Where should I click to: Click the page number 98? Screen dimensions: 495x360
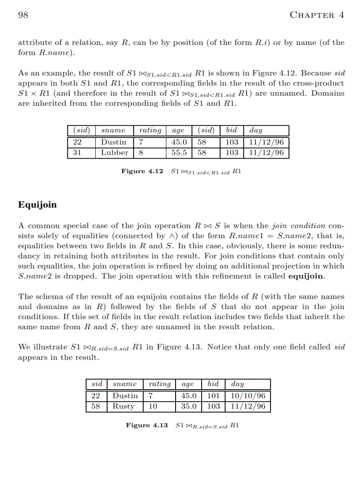click(x=23, y=15)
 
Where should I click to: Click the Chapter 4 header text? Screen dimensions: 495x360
click(x=316, y=15)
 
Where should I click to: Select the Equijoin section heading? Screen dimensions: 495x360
click(x=37, y=205)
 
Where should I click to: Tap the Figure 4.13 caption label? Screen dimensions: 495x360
click(x=146, y=425)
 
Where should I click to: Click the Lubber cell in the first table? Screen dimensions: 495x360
click(x=114, y=153)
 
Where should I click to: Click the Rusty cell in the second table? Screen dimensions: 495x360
click(x=123, y=406)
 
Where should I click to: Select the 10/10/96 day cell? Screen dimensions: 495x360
click(x=248, y=396)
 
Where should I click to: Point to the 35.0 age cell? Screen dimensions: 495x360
click(x=189, y=406)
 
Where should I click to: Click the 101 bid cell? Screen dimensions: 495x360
click(x=213, y=396)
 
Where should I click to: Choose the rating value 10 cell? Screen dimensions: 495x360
click(x=153, y=406)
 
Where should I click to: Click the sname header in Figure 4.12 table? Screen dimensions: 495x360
click(x=113, y=130)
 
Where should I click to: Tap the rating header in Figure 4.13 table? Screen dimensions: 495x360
click(x=159, y=384)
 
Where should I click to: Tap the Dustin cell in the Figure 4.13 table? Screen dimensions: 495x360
click(x=125, y=396)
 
